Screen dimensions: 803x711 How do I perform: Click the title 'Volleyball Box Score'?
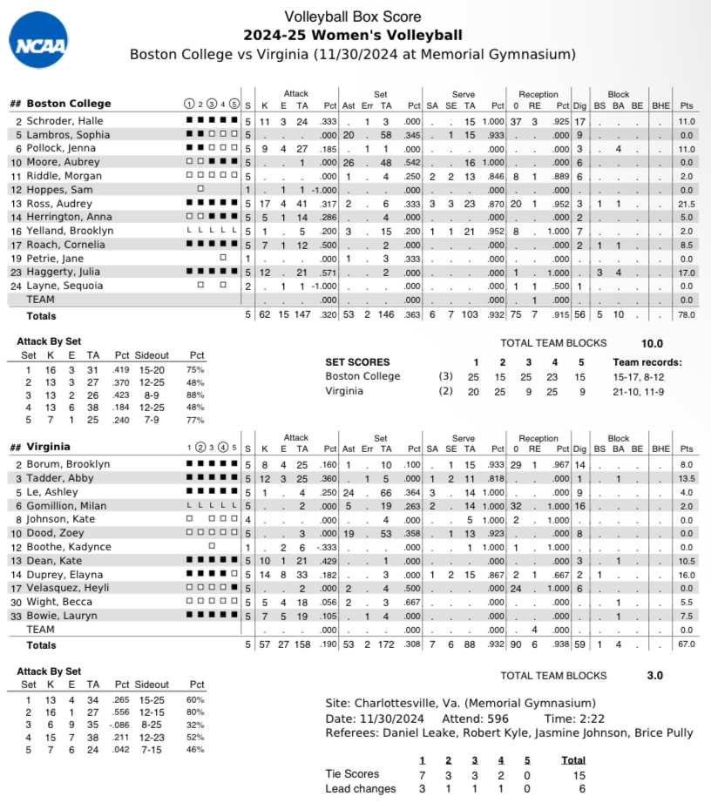pyautogui.click(x=353, y=17)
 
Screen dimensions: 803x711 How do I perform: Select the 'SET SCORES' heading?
pyautogui.click(x=357, y=362)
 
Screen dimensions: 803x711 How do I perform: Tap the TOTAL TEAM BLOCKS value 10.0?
pyautogui.click(x=652, y=343)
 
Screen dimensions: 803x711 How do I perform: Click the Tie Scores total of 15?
pyautogui.click(x=573, y=774)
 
